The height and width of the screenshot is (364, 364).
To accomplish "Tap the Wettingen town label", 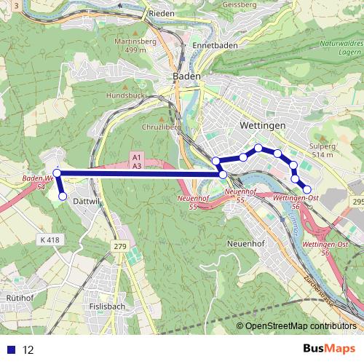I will pos(261,126).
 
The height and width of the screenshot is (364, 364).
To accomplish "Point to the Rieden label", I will pos(161,13).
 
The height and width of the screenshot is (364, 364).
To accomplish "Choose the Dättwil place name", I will pos(85,200).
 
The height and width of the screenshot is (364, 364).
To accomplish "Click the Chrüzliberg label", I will pos(161,125).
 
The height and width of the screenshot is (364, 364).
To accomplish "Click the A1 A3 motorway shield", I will pos(137,162).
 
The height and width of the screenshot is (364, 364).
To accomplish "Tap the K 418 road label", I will pos(52,239).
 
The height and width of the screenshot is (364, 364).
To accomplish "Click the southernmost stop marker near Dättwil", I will pos(62,196).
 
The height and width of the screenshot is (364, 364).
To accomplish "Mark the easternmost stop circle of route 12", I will pos(306,189).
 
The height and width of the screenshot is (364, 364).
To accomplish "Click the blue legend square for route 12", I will pos(12,350).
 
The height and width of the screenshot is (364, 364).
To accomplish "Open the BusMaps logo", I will pos(331,349).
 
